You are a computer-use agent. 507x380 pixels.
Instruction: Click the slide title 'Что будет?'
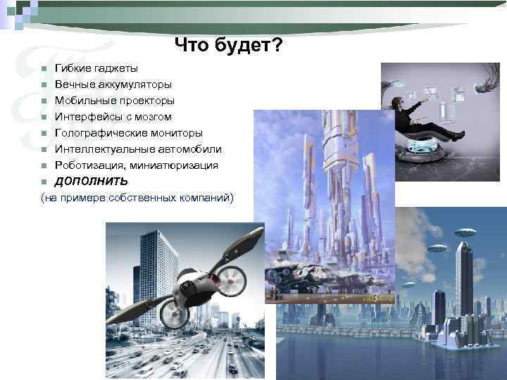click(229, 46)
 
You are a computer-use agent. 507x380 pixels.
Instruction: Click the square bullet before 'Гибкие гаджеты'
click(44, 69)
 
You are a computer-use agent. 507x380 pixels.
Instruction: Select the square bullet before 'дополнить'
click(44, 182)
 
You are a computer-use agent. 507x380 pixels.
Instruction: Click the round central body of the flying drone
click(191, 283)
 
